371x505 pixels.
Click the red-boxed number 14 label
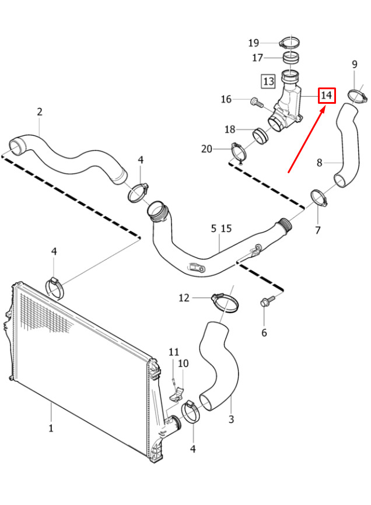[x=327, y=95]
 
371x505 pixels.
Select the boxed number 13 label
[x=268, y=81]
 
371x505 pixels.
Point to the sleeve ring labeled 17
[x=291, y=58]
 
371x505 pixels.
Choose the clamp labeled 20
[x=239, y=152]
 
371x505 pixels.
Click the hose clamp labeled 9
[x=358, y=96]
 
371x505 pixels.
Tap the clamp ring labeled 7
[x=318, y=198]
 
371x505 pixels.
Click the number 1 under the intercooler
[x=51, y=429]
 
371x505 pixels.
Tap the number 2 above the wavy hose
[x=40, y=112]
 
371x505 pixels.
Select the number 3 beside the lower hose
[x=231, y=419]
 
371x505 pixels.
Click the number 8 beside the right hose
[x=319, y=163]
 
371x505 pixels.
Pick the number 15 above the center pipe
[x=226, y=229]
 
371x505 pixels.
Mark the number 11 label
[x=174, y=352]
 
